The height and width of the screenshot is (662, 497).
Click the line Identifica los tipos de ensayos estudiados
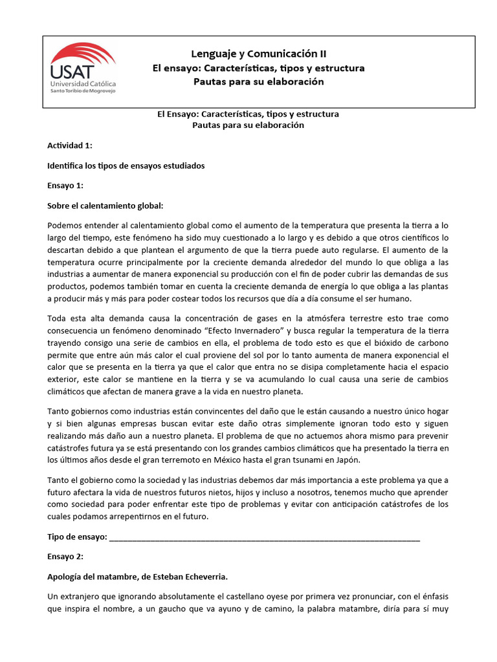126,166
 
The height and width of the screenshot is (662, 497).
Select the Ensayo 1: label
65,186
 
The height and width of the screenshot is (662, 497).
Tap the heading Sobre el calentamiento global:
105,206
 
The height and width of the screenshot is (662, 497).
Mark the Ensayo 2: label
65,556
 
